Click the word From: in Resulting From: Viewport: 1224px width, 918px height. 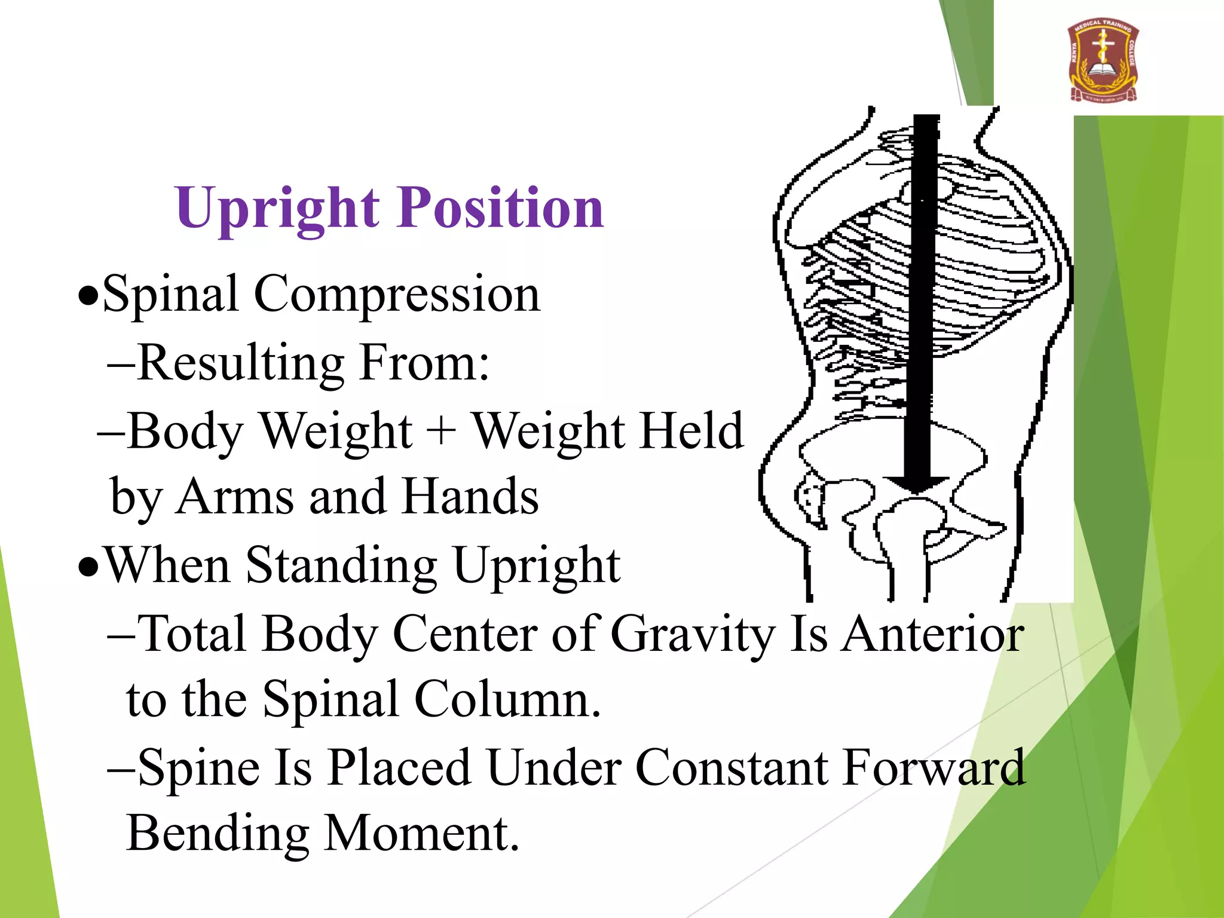tap(424, 363)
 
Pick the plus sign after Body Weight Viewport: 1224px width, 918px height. tap(442, 430)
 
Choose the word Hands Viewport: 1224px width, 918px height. tap(470, 497)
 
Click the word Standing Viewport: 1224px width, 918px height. tap(341, 565)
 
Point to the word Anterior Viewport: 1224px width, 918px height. tap(933, 634)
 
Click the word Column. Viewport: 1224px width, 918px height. tap(507, 699)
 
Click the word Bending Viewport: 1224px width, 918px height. tap(218, 834)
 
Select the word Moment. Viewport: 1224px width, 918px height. tap(421, 833)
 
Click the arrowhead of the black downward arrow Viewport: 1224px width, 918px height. tap(916, 484)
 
